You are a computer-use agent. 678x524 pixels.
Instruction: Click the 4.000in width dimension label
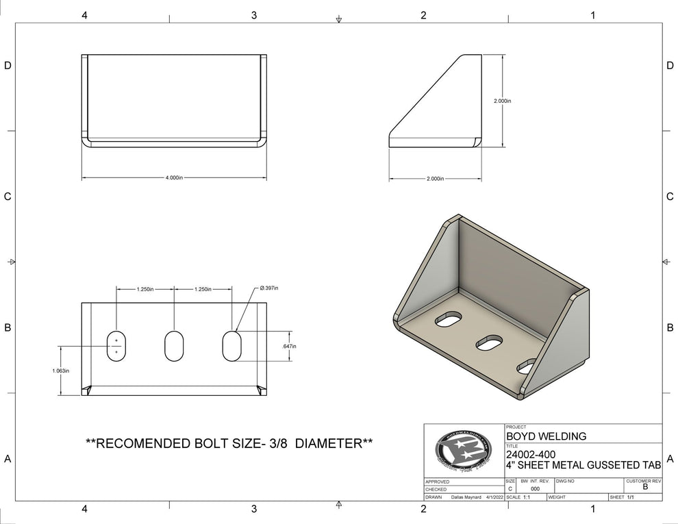(174, 177)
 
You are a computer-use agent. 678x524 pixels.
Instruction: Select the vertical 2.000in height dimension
(503, 101)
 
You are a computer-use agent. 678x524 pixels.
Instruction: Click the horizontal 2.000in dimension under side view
(435, 179)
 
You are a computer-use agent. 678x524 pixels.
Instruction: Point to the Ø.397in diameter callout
(268, 288)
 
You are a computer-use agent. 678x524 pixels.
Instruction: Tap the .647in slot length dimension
(289, 347)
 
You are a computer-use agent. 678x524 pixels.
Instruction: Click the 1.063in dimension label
(60, 371)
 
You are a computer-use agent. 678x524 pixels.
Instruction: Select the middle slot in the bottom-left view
(174, 346)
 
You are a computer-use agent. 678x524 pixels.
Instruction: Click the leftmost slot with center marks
(116, 346)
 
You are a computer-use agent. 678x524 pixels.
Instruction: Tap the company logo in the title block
(464, 451)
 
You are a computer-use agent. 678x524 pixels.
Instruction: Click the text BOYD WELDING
(546, 436)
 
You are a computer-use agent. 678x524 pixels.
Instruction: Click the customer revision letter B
(644, 487)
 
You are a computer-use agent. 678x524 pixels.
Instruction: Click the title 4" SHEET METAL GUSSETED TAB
(583, 466)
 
